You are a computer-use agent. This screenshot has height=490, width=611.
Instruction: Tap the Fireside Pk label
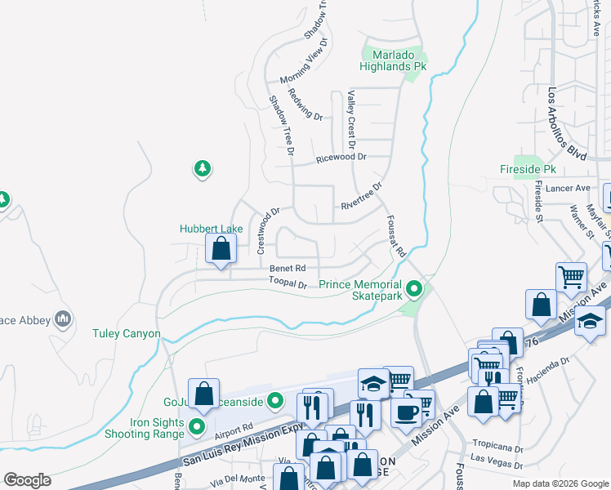pyautogui.click(x=528, y=169)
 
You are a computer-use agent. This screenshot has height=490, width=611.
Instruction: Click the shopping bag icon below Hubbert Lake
pyautogui.click(x=221, y=248)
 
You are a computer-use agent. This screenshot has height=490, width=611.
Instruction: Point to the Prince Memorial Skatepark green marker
pyautogui.click(x=415, y=289)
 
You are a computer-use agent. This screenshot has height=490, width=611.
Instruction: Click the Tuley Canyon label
pyautogui.click(x=126, y=334)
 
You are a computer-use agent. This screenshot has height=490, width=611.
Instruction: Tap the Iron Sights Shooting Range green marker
pyautogui.click(x=196, y=426)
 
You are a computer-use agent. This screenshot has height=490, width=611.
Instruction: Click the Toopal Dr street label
pyautogui.click(x=288, y=284)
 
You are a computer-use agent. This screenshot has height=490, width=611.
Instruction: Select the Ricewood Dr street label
pyautogui.click(x=341, y=157)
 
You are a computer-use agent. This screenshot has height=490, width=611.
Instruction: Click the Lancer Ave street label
pyautogui.click(x=571, y=188)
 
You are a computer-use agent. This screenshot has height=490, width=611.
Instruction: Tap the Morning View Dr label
pyautogui.click(x=302, y=61)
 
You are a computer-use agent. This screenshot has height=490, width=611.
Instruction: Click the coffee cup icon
pyautogui.click(x=405, y=411)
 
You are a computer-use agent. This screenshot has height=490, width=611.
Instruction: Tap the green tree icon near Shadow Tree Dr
pyautogui.click(x=202, y=169)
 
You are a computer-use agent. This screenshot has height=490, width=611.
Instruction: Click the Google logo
pyautogui.click(x=27, y=480)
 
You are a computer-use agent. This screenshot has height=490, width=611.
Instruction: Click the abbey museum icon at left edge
pyautogui.click(x=62, y=318)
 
